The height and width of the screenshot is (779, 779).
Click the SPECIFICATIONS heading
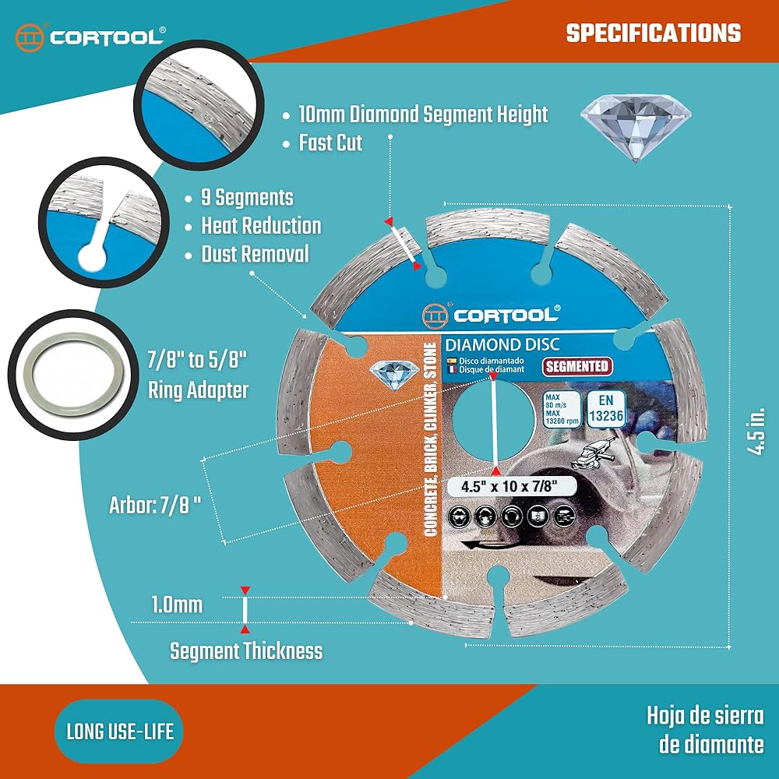tap(653, 33)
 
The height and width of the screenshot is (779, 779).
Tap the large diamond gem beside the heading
tap(637, 125)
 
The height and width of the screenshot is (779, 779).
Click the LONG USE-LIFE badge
tap(119, 731)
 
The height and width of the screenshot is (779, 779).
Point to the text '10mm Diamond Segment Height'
tap(423, 115)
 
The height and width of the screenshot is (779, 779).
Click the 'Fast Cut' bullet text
tap(331, 143)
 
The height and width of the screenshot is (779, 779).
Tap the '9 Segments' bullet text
tap(247, 197)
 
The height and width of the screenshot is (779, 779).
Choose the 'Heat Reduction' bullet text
tap(261, 226)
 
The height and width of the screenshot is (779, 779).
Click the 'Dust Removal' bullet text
tap(255, 254)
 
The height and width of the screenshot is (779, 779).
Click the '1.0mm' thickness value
tap(177, 605)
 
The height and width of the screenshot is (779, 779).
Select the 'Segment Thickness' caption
tap(246, 650)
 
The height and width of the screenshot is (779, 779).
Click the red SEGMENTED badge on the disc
tap(576, 366)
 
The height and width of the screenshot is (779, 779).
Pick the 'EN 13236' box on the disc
tap(605, 408)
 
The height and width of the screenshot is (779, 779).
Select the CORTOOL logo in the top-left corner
tap(90, 37)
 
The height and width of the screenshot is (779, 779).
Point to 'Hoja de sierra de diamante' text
tap(703, 729)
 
